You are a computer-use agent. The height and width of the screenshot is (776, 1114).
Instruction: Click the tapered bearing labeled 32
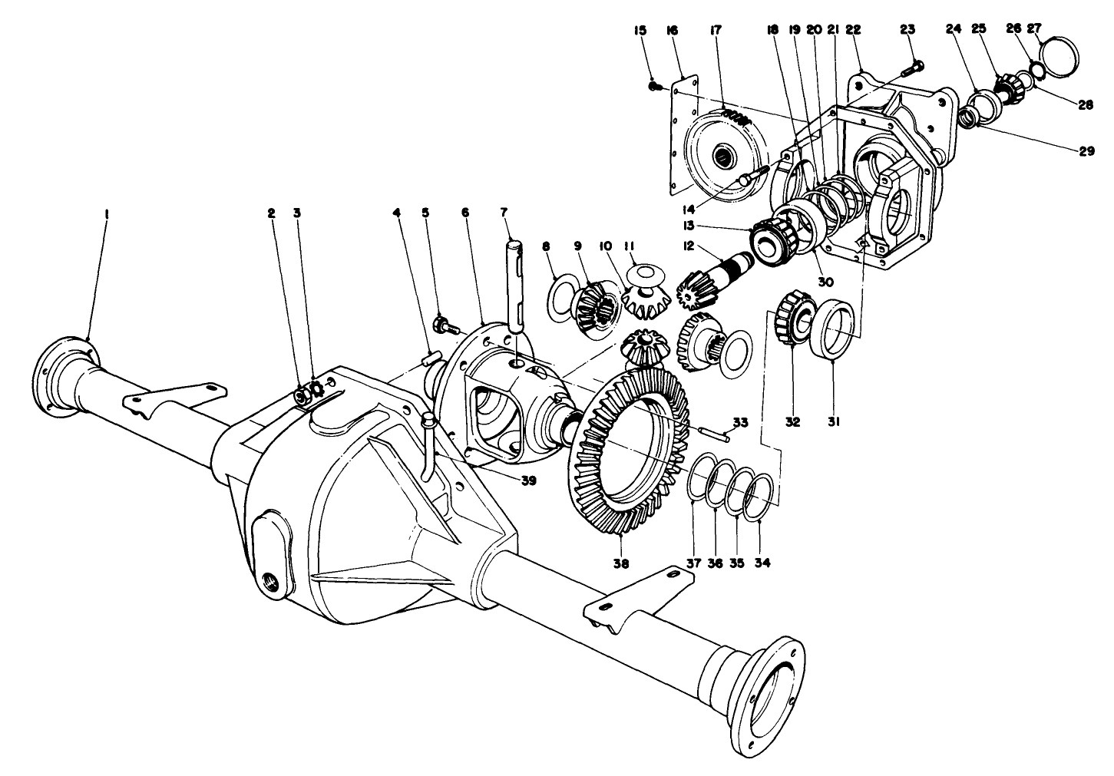[791, 315]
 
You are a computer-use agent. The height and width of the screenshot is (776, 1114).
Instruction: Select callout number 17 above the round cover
[715, 31]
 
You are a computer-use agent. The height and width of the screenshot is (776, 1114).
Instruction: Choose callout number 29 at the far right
[1086, 152]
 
